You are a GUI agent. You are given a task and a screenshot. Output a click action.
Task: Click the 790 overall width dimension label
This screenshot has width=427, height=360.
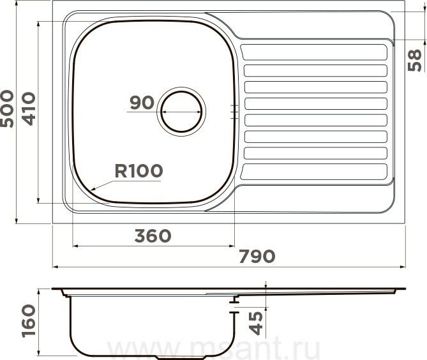[x=257, y=257]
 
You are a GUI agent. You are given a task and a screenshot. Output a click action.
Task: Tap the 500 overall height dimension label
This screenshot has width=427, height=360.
[x=7, y=109]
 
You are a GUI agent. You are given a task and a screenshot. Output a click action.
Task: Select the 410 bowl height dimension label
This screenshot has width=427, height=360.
[x=29, y=109]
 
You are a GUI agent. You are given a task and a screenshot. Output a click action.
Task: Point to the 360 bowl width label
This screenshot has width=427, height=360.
[x=153, y=236]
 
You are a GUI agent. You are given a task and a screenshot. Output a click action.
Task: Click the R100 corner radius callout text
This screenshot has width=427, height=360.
[x=139, y=171]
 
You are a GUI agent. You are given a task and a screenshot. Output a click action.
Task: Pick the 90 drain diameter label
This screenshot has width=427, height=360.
[x=142, y=103]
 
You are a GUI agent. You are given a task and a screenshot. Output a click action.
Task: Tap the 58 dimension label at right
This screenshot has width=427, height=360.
[x=414, y=60]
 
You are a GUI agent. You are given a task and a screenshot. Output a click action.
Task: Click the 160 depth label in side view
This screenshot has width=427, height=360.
[x=29, y=321]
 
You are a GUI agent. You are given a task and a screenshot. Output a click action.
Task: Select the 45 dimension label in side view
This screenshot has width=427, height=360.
[x=256, y=323]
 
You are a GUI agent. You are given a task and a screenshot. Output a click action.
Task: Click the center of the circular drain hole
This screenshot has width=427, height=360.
[x=181, y=112]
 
